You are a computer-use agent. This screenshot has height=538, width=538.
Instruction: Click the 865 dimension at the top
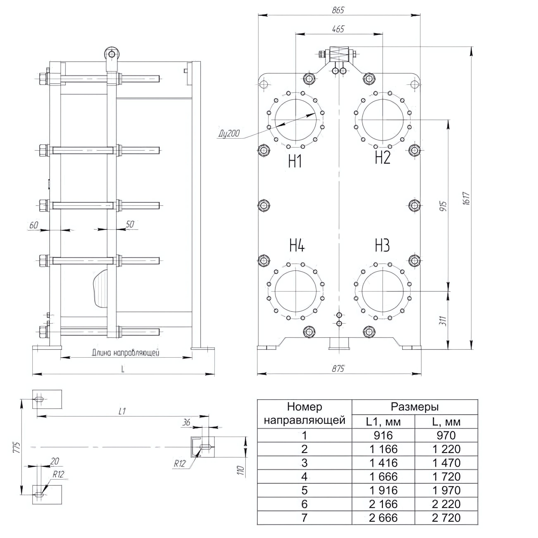338,10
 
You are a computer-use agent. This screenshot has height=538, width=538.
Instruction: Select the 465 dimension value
338,29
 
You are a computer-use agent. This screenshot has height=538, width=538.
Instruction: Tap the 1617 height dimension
467,199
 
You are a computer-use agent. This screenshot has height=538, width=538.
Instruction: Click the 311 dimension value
444,321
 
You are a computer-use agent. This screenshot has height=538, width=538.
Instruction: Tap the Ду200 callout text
229,134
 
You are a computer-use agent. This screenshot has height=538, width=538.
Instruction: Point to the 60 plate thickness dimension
34,225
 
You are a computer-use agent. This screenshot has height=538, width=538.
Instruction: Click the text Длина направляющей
126,353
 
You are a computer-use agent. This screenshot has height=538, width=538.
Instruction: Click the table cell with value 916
383,435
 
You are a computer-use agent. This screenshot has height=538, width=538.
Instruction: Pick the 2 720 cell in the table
446,518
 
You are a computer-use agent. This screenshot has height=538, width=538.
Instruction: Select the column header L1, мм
383,422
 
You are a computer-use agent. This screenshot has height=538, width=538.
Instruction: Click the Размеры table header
415,407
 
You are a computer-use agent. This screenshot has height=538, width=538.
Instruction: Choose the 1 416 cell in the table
383,463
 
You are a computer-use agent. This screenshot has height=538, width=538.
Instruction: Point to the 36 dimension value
186,423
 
